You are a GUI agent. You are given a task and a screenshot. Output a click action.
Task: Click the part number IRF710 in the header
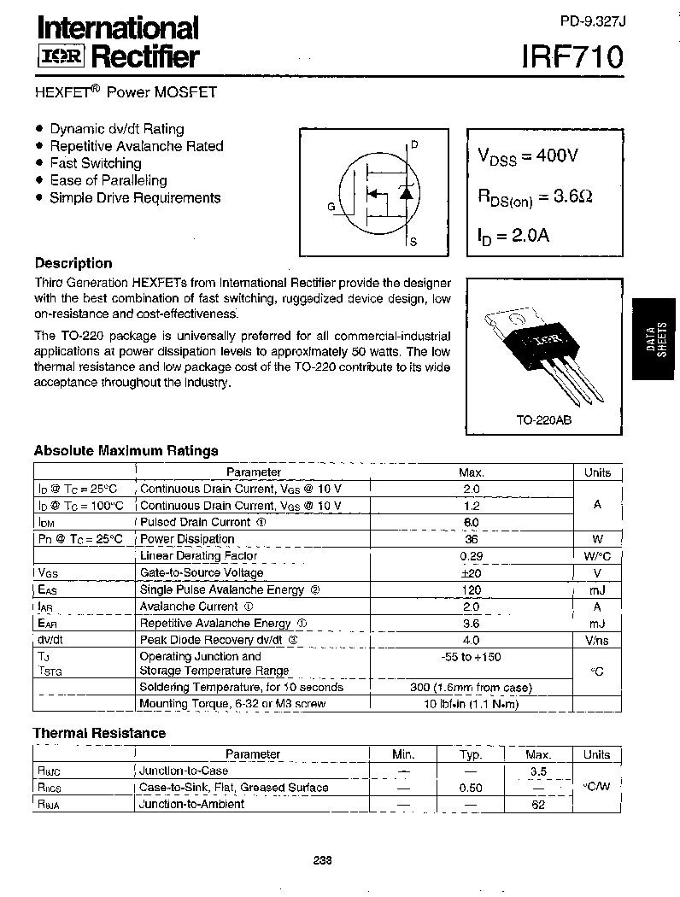(572, 57)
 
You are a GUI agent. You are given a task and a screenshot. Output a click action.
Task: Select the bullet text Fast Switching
(95, 163)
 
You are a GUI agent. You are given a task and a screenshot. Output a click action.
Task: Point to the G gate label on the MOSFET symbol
(331, 207)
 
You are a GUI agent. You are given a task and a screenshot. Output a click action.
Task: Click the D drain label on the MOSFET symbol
(414, 144)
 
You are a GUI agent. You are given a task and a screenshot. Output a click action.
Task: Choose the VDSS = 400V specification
(528, 156)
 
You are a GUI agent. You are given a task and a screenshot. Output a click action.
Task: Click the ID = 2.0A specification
(513, 235)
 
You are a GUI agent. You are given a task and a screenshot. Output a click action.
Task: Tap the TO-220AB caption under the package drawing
(542, 421)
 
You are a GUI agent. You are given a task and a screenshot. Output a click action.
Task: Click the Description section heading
(73, 263)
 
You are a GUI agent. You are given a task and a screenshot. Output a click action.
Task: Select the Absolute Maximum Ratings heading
(126, 450)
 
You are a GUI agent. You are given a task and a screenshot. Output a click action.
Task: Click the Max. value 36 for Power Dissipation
(471, 539)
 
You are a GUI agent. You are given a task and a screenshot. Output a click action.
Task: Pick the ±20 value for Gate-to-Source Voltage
(471, 573)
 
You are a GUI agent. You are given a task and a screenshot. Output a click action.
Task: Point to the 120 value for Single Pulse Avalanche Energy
(471, 589)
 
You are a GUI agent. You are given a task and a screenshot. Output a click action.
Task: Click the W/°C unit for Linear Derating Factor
(597, 556)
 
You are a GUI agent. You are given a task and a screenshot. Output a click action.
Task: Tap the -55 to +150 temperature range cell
(471, 656)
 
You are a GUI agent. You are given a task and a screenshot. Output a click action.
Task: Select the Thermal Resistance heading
(99, 733)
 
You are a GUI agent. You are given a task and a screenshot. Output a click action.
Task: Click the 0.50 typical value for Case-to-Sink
(466, 788)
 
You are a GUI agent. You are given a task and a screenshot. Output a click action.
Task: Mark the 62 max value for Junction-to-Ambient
(537, 804)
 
